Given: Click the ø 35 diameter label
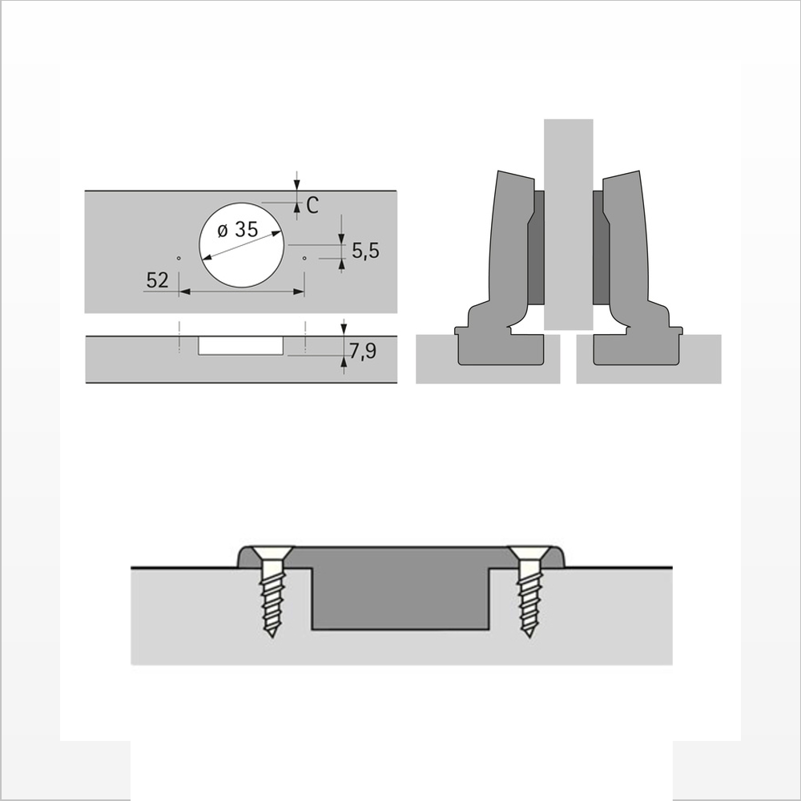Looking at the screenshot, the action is (x=238, y=230).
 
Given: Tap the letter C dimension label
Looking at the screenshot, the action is (x=312, y=205).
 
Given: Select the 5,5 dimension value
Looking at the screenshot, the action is (x=365, y=251).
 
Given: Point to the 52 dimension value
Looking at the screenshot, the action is (x=157, y=280).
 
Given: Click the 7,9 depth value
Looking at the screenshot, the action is (x=363, y=351).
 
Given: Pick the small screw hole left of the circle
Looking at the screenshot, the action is (x=179, y=258).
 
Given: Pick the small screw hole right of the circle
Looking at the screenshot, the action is (x=304, y=258).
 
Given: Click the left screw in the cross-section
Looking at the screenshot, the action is (x=272, y=590).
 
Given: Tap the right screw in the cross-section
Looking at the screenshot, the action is (x=529, y=590).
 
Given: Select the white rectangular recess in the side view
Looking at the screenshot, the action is (x=240, y=345).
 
